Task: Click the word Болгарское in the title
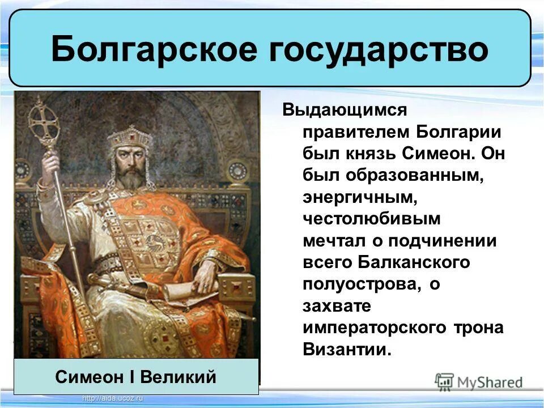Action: point(154,50)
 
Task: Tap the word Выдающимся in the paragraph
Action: point(345,109)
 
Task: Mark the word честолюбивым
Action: point(371,219)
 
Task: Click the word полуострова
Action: point(362,284)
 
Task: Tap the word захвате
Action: point(337,306)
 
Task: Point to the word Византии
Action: point(347,349)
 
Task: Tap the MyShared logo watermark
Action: point(479,381)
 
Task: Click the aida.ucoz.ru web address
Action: point(113,399)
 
